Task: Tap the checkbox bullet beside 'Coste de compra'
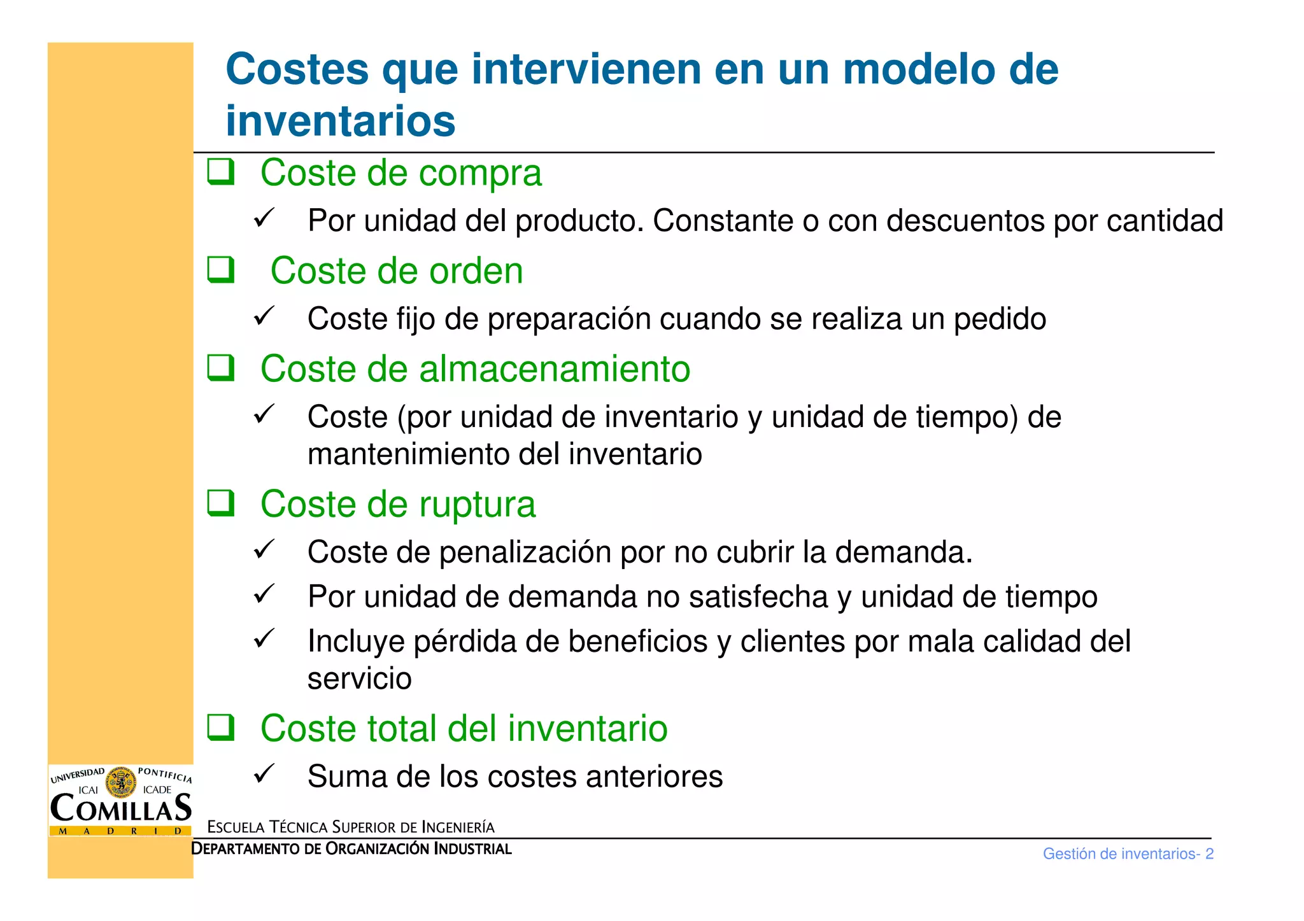point(220,172)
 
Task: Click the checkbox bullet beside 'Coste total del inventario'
point(220,727)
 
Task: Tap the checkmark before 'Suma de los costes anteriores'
point(264,773)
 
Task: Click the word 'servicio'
point(359,678)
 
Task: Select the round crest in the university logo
point(120,782)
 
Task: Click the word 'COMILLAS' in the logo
point(120,808)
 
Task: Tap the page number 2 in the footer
point(1209,854)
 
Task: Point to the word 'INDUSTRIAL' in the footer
point(472,849)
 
